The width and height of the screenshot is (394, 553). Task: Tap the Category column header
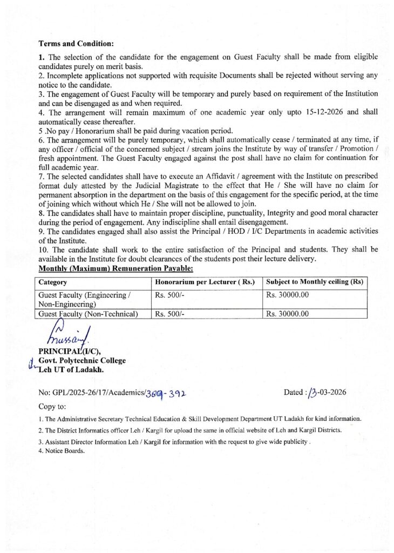[53, 282]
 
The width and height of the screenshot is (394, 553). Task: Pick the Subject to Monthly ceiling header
[315, 282]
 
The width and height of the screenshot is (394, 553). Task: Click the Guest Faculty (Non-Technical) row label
[88, 313]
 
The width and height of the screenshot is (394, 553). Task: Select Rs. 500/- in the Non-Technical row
[170, 313]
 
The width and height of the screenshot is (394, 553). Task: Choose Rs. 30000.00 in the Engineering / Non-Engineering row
[287, 295]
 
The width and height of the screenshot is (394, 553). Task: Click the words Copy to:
[52, 406]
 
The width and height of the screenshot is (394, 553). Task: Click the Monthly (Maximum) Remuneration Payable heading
[116, 268]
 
